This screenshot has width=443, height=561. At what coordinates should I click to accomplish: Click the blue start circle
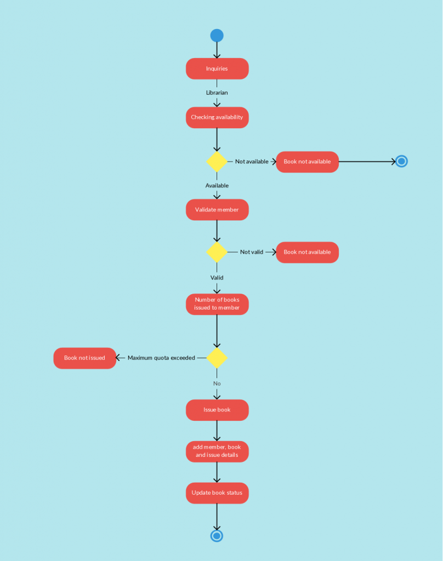tap(217, 36)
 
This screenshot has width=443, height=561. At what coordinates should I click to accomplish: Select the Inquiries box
tap(217, 69)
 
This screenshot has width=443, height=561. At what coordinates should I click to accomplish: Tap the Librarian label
tap(217, 93)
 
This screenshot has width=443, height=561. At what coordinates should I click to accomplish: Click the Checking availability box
tap(217, 117)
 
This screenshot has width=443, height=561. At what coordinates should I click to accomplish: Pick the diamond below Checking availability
tap(217, 162)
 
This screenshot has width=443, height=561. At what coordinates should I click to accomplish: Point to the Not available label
tap(252, 162)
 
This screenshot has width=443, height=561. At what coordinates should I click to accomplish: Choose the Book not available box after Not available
tap(307, 162)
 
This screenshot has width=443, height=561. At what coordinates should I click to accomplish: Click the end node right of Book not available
tap(401, 162)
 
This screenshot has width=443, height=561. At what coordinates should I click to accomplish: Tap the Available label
tap(217, 186)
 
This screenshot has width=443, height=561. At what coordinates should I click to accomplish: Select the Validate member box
tap(217, 210)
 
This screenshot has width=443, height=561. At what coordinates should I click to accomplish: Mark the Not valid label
tap(252, 252)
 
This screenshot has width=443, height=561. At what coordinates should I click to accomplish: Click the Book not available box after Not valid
tap(307, 252)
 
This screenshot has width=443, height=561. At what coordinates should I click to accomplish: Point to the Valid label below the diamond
tap(217, 278)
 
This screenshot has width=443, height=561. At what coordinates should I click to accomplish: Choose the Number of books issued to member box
tap(217, 304)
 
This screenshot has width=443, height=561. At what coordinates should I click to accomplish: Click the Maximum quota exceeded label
tap(161, 358)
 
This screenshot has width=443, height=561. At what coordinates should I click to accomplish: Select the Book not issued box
tap(84, 358)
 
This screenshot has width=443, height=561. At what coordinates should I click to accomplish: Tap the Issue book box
tap(217, 410)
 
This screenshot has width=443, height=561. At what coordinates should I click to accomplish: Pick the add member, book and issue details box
tap(217, 451)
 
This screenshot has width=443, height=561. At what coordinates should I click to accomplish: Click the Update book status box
tap(217, 493)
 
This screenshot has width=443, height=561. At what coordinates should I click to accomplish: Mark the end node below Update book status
tap(217, 535)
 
